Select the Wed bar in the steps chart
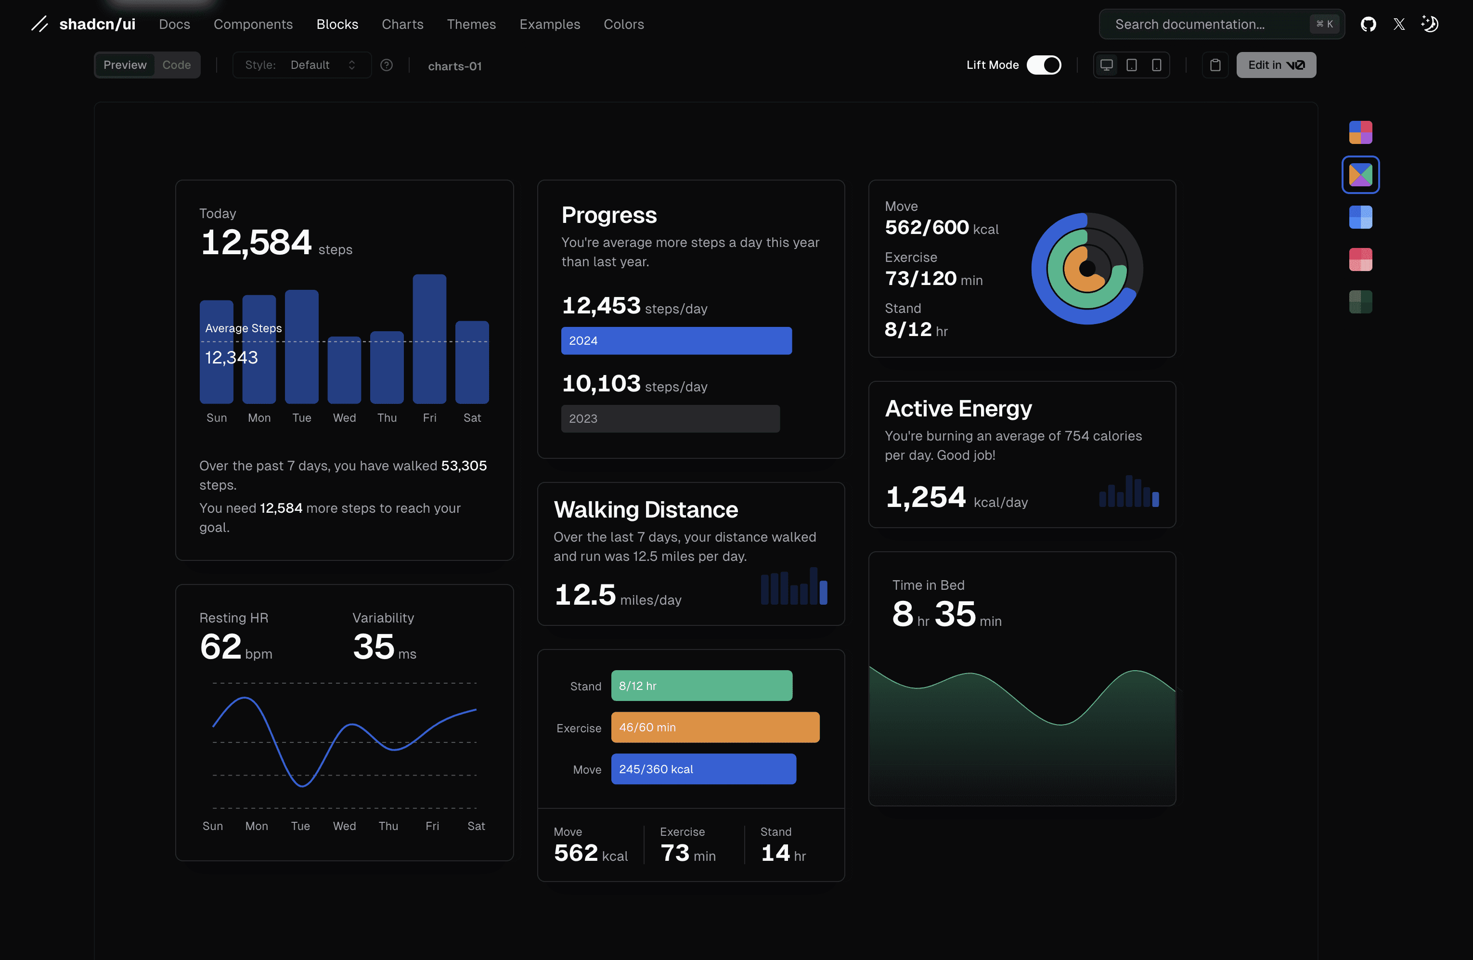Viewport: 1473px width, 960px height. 344,370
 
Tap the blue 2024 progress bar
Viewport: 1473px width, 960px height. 676,340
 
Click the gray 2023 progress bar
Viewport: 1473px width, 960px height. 670,418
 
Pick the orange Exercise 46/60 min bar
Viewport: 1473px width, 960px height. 715,727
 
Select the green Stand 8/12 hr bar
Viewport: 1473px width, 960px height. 702,686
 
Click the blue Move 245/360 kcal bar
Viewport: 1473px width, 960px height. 704,769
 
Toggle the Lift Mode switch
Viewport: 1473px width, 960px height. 1044,65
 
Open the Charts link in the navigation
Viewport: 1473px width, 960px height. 402,24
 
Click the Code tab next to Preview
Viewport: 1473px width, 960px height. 176,65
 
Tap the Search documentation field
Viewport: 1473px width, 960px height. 1221,24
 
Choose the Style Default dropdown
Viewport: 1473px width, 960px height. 301,65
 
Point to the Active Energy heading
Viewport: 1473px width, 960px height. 958,409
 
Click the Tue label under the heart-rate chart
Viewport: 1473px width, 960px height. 300,826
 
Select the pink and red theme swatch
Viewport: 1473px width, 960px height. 1360,259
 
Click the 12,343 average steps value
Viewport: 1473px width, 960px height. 232,357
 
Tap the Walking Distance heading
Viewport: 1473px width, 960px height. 646,509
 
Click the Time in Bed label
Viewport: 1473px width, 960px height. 929,585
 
